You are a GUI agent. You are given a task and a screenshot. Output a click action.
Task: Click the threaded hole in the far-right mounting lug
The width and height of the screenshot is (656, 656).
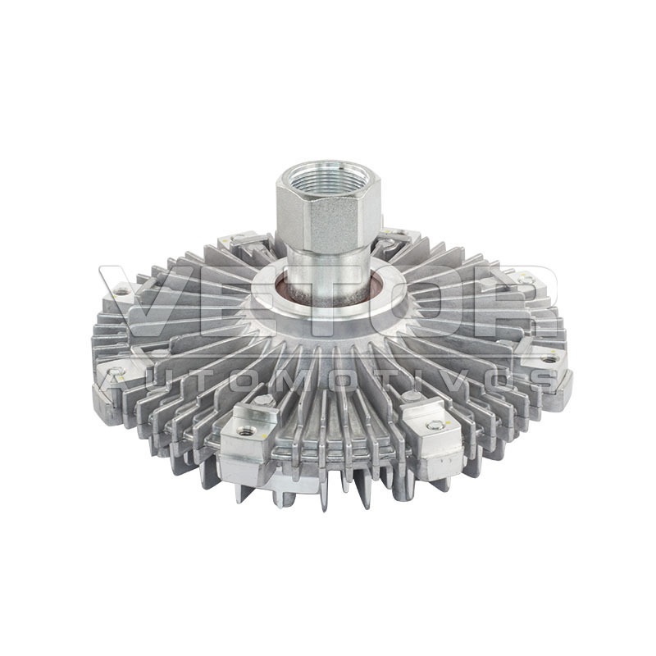click(x=548, y=359)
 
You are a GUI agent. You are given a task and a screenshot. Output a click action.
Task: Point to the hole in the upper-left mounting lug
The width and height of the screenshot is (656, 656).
click(x=121, y=293)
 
